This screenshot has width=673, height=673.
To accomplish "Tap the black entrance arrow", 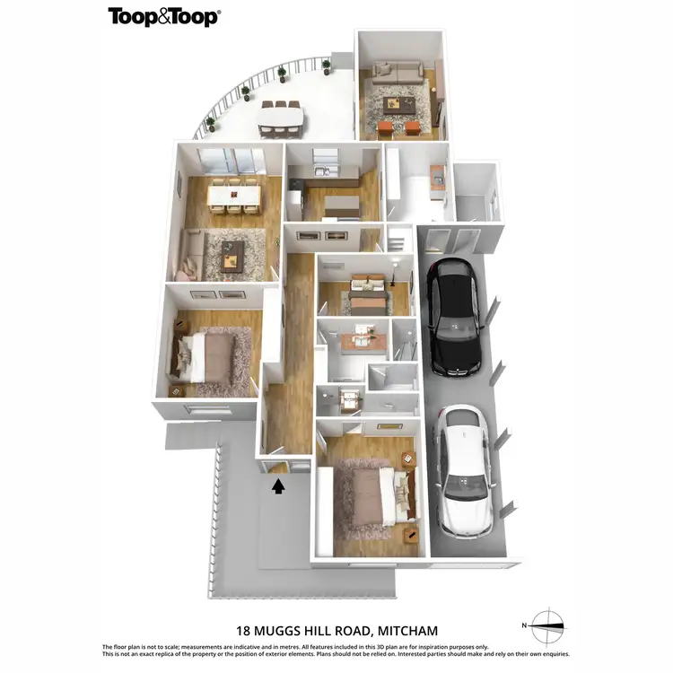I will point(279,485).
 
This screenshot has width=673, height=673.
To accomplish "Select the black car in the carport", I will point(452,316).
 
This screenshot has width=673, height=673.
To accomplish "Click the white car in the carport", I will point(463,470).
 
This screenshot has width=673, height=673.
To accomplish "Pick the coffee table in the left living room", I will point(232,260).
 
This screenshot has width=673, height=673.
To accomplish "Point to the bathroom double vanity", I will point(362,338).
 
